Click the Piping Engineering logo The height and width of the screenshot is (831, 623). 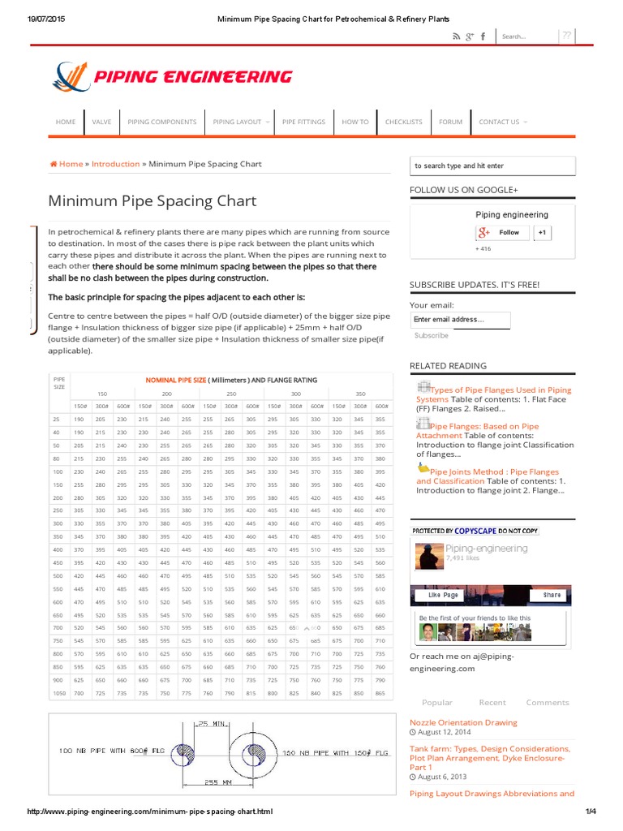171,77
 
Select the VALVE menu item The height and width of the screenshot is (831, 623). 101,122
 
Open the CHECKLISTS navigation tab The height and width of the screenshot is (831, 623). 403,122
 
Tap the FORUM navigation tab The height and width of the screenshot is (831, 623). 450,122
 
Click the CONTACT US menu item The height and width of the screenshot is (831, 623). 501,122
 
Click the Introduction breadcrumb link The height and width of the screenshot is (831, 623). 115,164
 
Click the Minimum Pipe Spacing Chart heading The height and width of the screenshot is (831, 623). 153,200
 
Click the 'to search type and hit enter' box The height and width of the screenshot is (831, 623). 493,166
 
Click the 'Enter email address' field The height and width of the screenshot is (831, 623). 460,320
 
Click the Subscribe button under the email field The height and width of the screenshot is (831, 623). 431,335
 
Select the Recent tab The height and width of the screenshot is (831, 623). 492,702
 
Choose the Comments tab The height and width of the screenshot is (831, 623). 548,702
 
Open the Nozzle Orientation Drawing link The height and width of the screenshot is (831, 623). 463,722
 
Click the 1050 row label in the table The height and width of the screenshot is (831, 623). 58,694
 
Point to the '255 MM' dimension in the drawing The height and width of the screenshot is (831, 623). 218,783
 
